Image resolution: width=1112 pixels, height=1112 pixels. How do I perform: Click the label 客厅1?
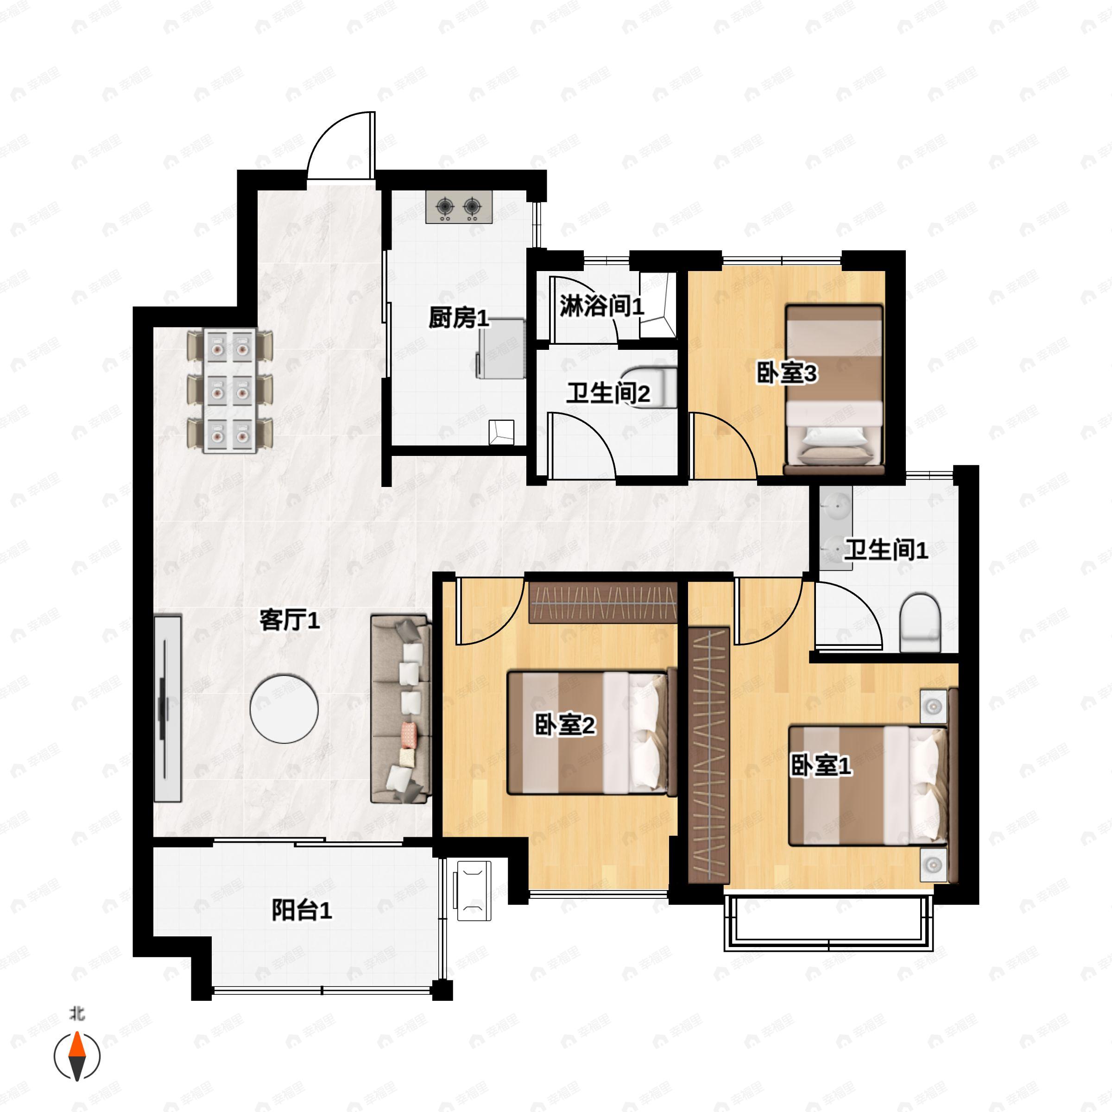coord(290,621)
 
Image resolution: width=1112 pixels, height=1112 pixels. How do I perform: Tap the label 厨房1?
coord(459,318)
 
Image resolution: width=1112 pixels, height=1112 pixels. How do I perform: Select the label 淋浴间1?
coord(601,306)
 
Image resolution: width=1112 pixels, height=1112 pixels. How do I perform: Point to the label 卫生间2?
coord(608,394)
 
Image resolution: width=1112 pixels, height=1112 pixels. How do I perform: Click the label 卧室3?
coord(786,374)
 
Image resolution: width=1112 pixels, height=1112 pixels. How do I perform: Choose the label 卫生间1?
coord(886,550)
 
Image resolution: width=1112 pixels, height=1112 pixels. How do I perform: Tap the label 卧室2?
coord(565,725)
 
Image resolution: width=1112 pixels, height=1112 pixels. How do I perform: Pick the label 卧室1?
coord(821,766)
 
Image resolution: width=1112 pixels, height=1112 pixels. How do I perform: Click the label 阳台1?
coord(302,911)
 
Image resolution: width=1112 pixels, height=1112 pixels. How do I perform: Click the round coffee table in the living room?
coord(284,708)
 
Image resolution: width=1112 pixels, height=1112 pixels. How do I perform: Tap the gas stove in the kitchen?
coord(459,207)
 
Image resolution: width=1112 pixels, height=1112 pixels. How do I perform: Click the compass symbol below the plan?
coord(77,1056)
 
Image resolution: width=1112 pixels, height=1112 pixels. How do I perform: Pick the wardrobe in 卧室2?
coord(603,602)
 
